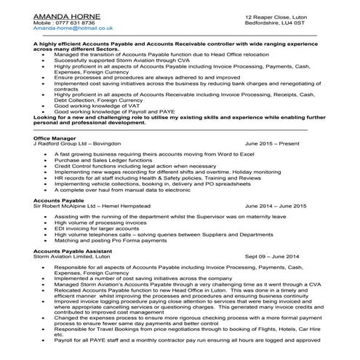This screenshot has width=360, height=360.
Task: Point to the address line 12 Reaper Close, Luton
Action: click(x=274, y=15)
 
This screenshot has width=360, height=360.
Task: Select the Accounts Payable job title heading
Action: click(x=60, y=201)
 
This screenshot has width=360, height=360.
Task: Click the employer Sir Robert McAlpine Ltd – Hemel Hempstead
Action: click(x=89, y=207)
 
